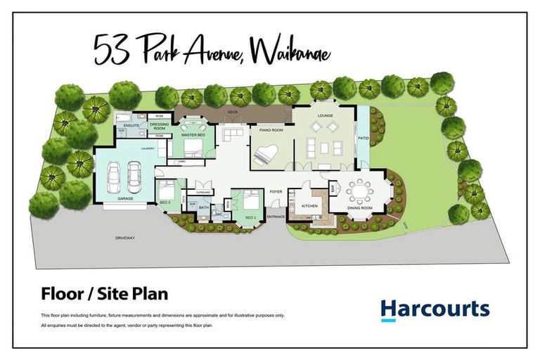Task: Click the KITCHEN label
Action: (310, 206)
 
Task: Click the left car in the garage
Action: (115, 176)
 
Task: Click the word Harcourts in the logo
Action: (434, 309)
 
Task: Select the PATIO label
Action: (364, 139)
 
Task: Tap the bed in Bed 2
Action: (250, 202)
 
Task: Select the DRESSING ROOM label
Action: (159, 127)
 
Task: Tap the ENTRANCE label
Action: (276, 217)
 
